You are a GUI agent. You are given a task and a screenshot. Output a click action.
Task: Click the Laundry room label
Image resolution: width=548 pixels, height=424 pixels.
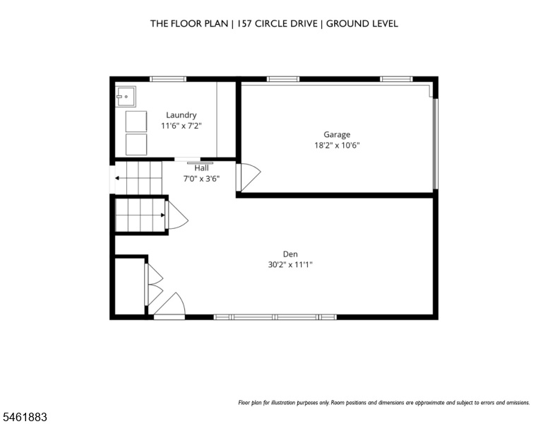click(x=181, y=115)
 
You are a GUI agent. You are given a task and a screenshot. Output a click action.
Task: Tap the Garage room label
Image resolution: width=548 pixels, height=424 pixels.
click(x=337, y=135)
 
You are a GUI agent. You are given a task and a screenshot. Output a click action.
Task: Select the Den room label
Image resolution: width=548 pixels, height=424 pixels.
click(x=290, y=254)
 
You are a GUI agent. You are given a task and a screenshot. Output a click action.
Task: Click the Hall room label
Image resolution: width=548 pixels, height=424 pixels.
click(x=202, y=168)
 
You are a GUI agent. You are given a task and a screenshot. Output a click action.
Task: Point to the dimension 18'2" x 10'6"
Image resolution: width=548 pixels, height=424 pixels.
click(x=337, y=145)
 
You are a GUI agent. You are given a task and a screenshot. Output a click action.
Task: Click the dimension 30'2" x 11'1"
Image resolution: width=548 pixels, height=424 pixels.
click(x=290, y=264)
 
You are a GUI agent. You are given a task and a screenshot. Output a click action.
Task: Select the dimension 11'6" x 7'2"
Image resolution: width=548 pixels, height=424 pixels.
click(x=181, y=126)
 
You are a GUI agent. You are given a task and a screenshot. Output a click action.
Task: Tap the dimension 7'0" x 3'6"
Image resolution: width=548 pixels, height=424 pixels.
click(x=202, y=179)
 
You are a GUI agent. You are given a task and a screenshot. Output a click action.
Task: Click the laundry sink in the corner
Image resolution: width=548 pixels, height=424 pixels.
click(x=126, y=96)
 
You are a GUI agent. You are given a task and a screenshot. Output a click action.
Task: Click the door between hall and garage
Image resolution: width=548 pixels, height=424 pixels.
click(x=249, y=177)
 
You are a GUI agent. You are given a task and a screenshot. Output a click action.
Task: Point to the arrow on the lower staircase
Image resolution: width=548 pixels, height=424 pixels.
click(x=141, y=215)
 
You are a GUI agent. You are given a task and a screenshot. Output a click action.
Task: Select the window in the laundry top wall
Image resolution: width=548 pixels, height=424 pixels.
click(x=168, y=79)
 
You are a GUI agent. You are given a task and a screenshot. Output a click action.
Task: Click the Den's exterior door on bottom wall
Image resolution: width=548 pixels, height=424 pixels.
click(x=169, y=305)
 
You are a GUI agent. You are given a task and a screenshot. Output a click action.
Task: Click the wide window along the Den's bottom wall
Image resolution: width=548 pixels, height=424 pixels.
click(x=275, y=317)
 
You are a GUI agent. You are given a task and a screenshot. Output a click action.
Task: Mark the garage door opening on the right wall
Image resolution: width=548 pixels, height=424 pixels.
click(x=435, y=143)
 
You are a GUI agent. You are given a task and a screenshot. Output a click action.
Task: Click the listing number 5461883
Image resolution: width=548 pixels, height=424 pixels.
click(x=25, y=417)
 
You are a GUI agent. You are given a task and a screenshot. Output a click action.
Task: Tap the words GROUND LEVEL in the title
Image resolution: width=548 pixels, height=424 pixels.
click(x=362, y=24)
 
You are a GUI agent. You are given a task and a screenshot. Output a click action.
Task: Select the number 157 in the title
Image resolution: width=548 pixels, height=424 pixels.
click(x=244, y=24)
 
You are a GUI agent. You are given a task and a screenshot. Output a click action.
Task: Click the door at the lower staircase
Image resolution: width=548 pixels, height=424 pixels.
click(x=177, y=215)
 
